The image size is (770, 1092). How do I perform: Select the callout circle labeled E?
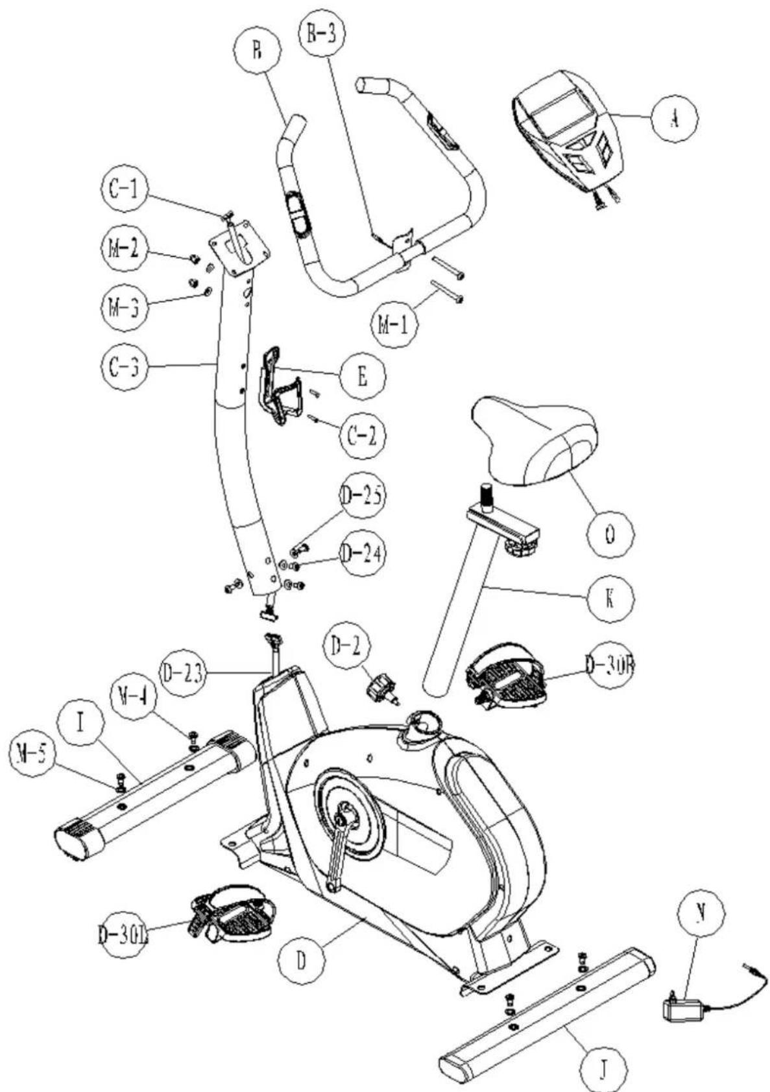[x=361, y=375]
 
